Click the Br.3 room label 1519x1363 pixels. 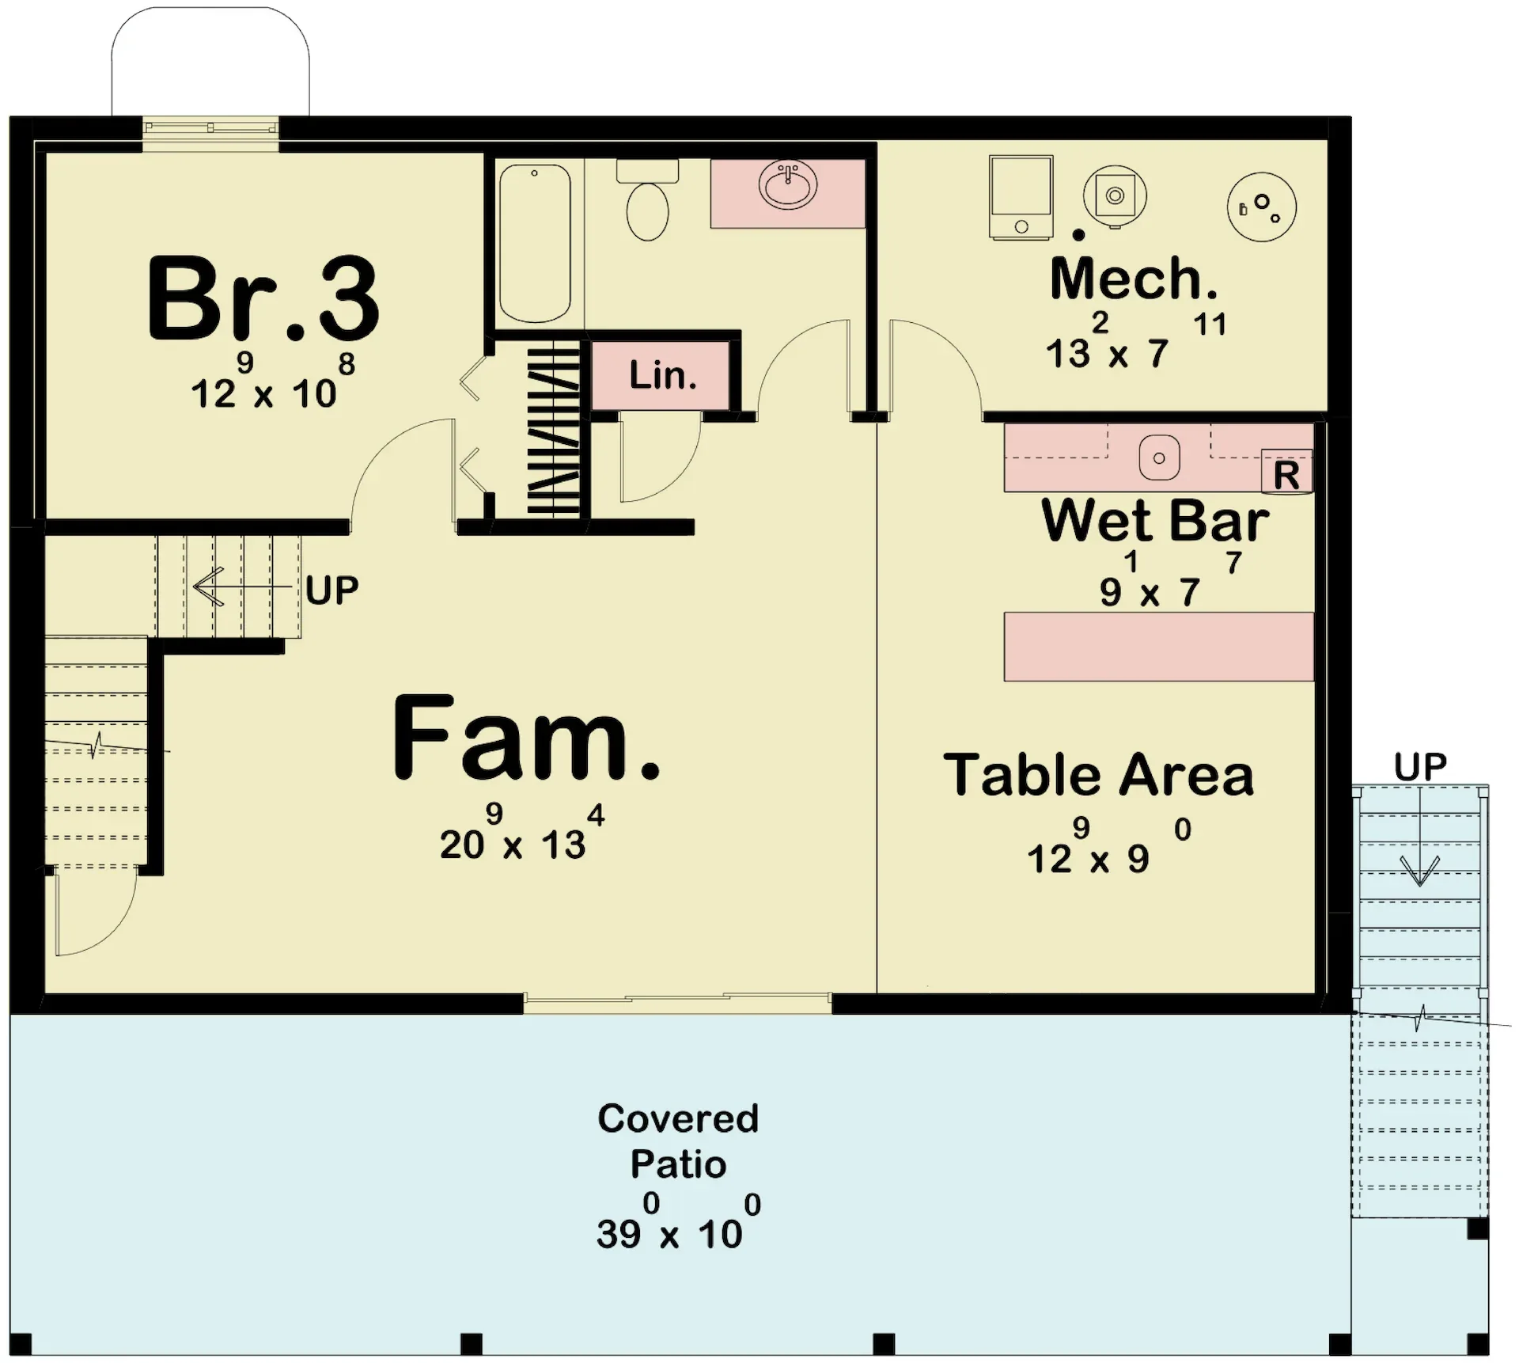point(263,298)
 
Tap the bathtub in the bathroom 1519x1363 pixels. point(535,243)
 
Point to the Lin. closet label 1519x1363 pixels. point(663,375)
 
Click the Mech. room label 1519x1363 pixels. point(1134,279)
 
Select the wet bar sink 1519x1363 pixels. point(1159,457)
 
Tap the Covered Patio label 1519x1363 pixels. point(678,1141)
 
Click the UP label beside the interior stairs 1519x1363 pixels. point(332,590)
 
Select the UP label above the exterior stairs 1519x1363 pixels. point(1420,766)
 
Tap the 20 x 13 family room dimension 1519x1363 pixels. point(522,833)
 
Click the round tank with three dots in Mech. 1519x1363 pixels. point(1262,207)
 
